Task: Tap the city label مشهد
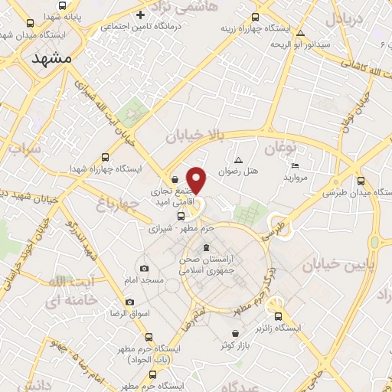click(x=52, y=59)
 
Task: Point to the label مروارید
click(x=295, y=178)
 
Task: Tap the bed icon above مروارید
click(x=296, y=166)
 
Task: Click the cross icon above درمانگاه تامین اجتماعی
click(x=139, y=15)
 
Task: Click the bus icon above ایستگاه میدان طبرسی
click(x=361, y=182)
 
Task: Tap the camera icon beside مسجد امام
click(x=145, y=269)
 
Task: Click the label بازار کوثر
click(x=237, y=345)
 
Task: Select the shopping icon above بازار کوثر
click(x=237, y=333)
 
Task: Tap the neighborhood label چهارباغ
click(x=116, y=204)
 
